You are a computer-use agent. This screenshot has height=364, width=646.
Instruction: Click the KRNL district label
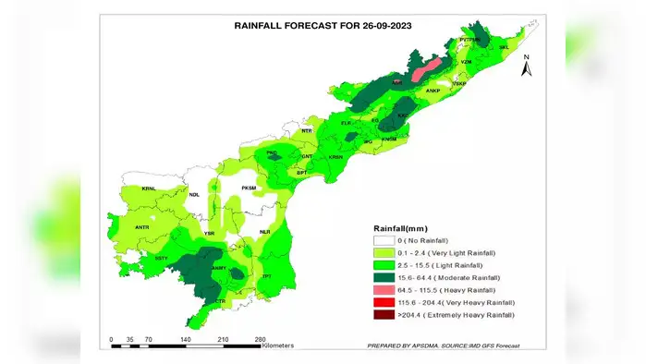tap(148, 188)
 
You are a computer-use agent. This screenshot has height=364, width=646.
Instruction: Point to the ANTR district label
tap(142, 226)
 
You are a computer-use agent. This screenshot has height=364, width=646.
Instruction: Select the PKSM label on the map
tap(248, 188)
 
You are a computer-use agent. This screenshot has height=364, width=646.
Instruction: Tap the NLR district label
tap(265, 232)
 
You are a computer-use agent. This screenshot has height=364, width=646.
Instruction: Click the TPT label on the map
tap(267, 276)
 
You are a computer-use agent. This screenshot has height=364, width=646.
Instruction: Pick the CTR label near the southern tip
tap(220, 301)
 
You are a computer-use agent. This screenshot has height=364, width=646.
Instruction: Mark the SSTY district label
tap(161, 258)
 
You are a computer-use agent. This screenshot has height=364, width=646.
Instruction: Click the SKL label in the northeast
tap(504, 45)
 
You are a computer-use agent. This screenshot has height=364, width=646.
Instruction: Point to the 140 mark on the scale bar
tap(185, 339)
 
